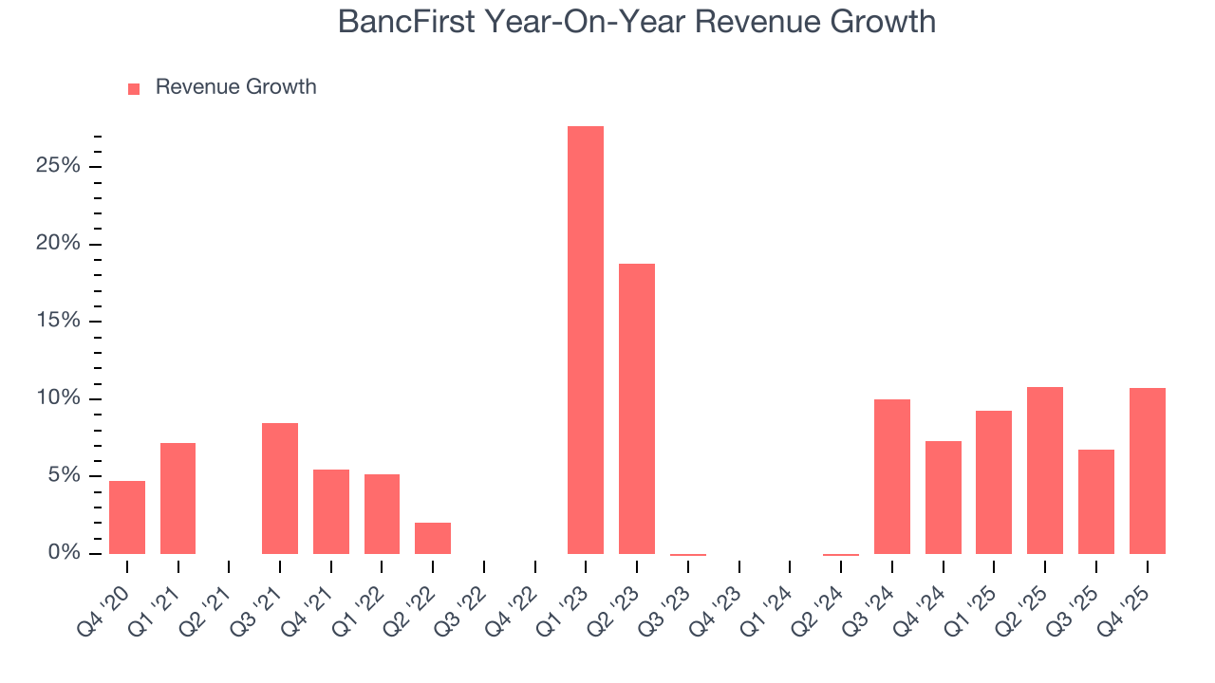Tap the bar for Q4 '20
coord(127,517)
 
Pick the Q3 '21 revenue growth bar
coord(280,488)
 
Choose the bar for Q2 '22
coord(433,538)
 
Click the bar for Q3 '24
coord(892,476)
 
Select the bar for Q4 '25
coord(1147,471)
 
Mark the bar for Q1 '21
coord(178,498)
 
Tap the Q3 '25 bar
coord(1096,501)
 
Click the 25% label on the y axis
coord(57,167)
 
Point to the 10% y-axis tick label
coord(57,398)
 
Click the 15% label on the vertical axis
coord(57,322)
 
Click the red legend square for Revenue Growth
coord(134,88)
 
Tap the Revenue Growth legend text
coord(235,87)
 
